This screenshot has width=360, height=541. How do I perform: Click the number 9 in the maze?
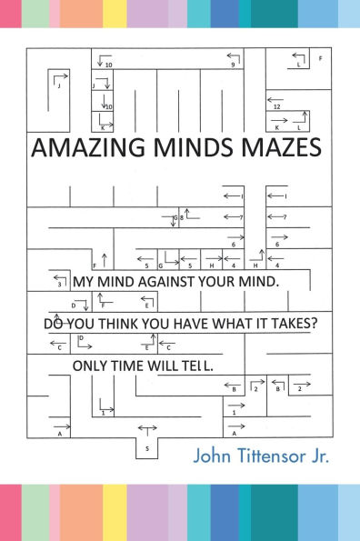pos(233,65)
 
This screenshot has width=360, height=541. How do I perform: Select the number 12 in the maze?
pos(275,106)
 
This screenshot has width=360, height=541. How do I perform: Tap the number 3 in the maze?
pos(59,285)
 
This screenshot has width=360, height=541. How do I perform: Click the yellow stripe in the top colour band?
pos(115,14)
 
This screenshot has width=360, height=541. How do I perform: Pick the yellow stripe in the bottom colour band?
pos(115,512)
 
